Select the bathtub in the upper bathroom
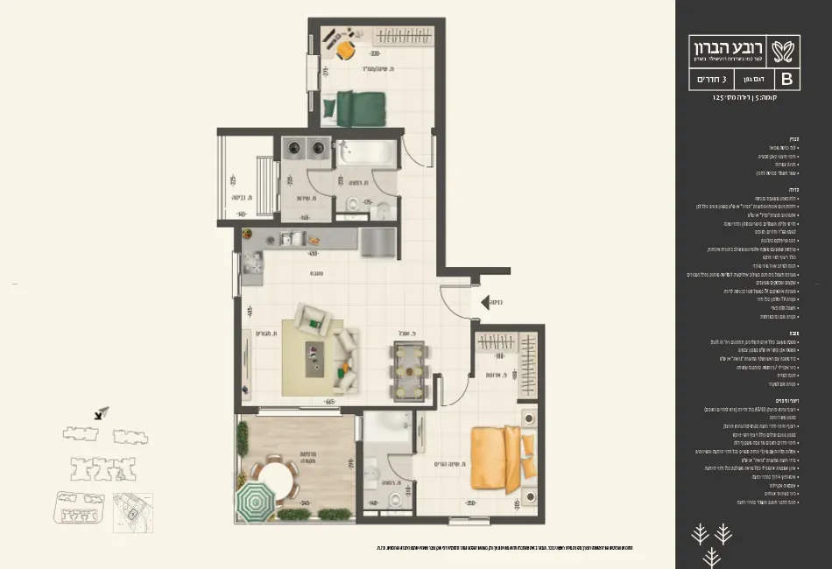point(364,156)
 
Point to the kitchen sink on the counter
point(289,238)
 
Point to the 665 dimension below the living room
point(330,402)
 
